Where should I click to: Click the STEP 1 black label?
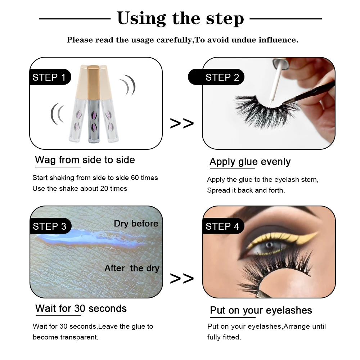click(x=49, y=77)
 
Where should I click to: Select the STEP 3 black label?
click(x=49, y=226)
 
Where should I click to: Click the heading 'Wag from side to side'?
click(x=85, y=160)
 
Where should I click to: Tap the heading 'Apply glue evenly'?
click(x=250, y=162)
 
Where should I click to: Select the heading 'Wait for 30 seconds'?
click(x=81, y=309)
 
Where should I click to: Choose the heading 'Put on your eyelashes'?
click(x=261, y=310)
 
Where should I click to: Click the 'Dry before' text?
click(x=136, y=224)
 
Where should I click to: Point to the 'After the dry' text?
click(x=132, y=268)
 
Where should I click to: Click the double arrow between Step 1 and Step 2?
click(x=181, y=123)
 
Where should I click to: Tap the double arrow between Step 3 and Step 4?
click(x=181, y=278)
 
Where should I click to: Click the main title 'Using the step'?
click(x=180, y=18)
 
